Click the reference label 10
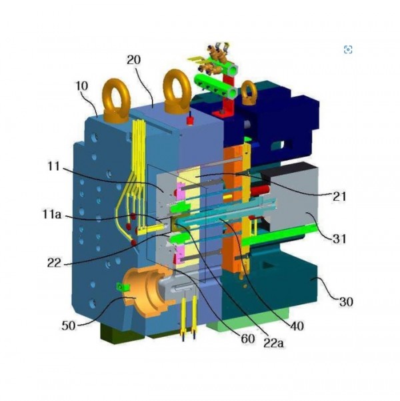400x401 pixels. point(82,86)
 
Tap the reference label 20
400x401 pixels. point(134,60)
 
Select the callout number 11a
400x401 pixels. point(51,214)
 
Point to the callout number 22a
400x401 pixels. point(273,343)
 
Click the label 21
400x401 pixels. point(339,196)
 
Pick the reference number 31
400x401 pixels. point(339,239)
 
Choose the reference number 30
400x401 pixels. point(346,302)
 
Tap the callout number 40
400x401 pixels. point(297,326)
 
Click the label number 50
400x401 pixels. point(69,326)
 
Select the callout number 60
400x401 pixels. point(248,338)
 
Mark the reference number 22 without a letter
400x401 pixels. point(54,263)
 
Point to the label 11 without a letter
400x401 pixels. point(54,167)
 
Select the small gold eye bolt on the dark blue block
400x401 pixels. point(249,92)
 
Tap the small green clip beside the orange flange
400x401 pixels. point(122,287)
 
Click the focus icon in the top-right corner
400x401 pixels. point(348,49)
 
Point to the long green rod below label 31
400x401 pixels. point(279,235)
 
